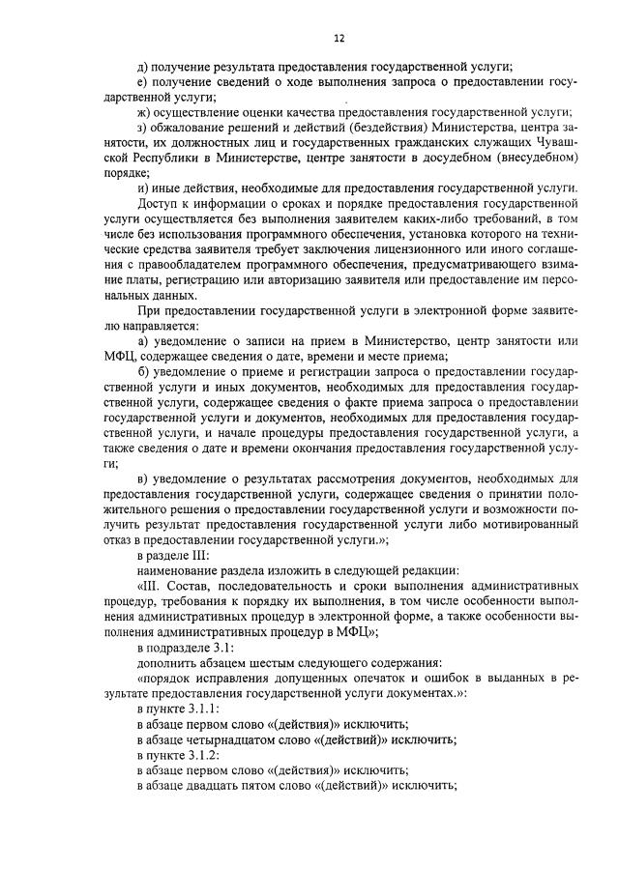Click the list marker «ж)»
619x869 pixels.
tap(145, 110)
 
